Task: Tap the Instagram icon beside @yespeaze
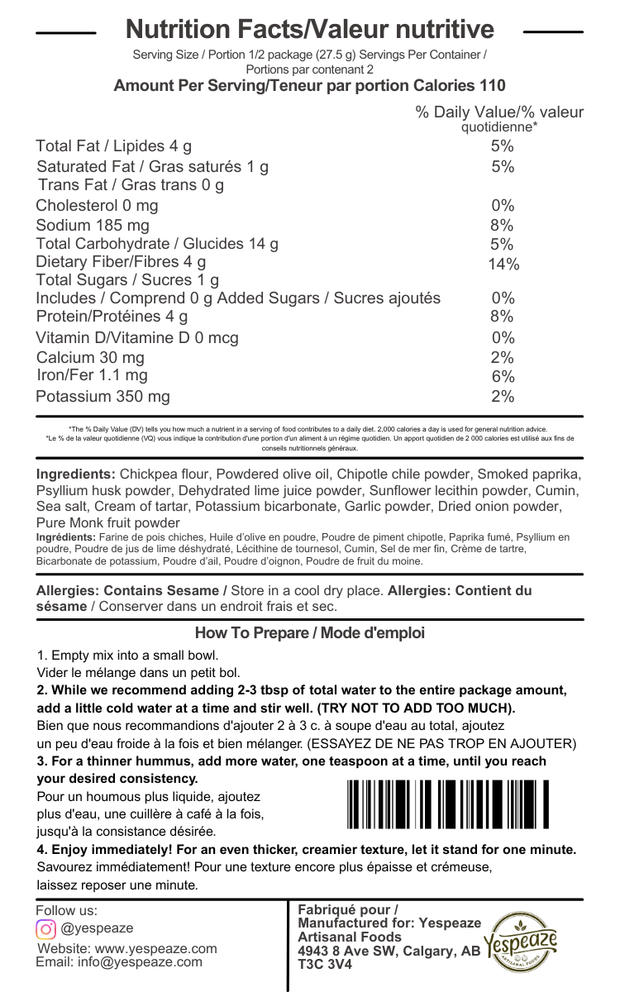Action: click(x=45, y=928)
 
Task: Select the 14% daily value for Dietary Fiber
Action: click(x=503, y=265)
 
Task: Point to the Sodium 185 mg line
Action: click(x=93, y=225)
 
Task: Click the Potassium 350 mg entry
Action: click(x=103, y=397)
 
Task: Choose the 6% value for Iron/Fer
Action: click(x=503, y=376)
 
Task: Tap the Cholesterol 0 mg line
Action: click(x=97, y=205)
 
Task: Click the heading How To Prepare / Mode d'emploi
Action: click(x=309, y=633)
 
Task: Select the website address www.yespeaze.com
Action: click(x=150, y=948)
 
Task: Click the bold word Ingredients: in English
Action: click(x=75, y=475)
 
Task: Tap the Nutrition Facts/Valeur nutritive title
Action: click(x=309, y=31)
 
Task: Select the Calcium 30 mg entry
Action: click(x=90, y=358)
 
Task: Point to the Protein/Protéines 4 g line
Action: click(x=112, y=317)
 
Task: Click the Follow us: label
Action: click(x=66, y=910)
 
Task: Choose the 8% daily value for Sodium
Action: click(x=502, y=225)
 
